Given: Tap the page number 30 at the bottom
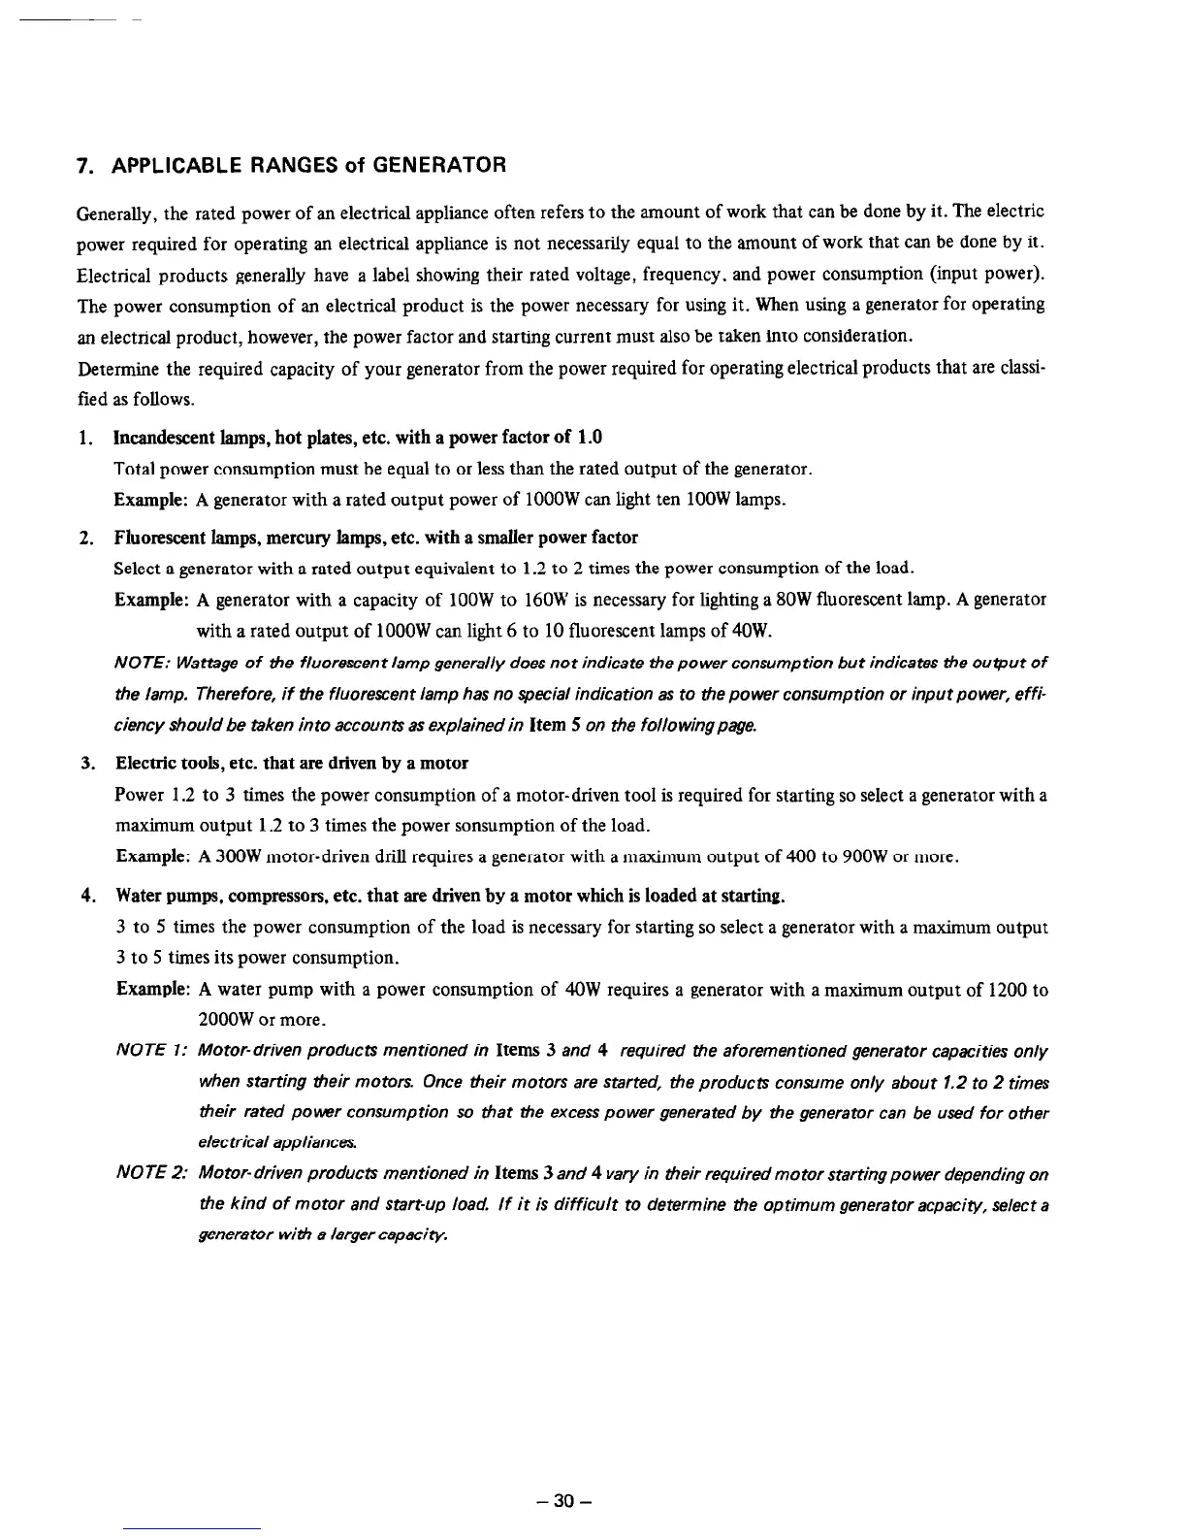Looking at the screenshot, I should (x=562, y=1502).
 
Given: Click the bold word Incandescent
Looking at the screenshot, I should (x=166, y=437).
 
